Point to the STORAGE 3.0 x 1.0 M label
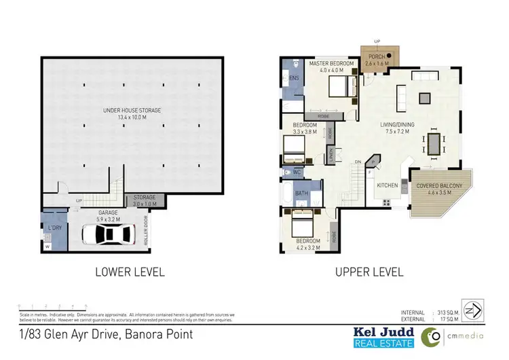coord(143,200)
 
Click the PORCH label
coord(377,58)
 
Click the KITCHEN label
coord(386,185)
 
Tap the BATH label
coord(302,194)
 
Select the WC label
coord(297,173)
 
